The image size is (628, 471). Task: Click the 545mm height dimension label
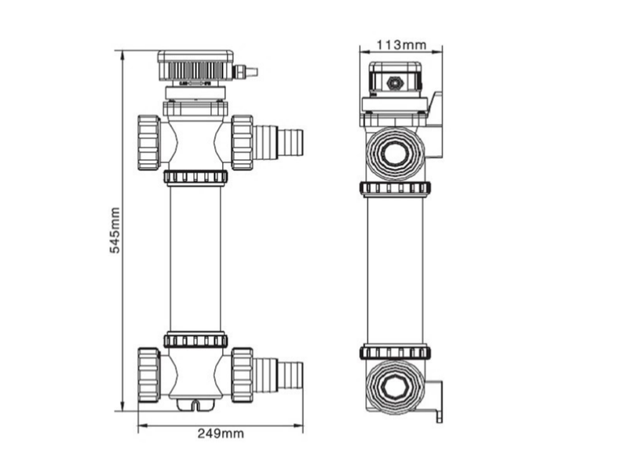115,230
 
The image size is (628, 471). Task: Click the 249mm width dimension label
221,433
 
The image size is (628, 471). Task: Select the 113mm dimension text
400,45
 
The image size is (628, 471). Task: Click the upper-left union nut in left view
148,142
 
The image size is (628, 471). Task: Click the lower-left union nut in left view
148,374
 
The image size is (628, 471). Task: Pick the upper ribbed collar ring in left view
195,177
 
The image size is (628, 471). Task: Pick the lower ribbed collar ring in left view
195,341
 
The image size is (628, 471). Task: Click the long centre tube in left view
195,259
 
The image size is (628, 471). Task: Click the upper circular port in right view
395,153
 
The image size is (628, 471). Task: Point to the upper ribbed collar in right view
395,188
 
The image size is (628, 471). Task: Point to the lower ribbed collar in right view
395,352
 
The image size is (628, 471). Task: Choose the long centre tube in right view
395,271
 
